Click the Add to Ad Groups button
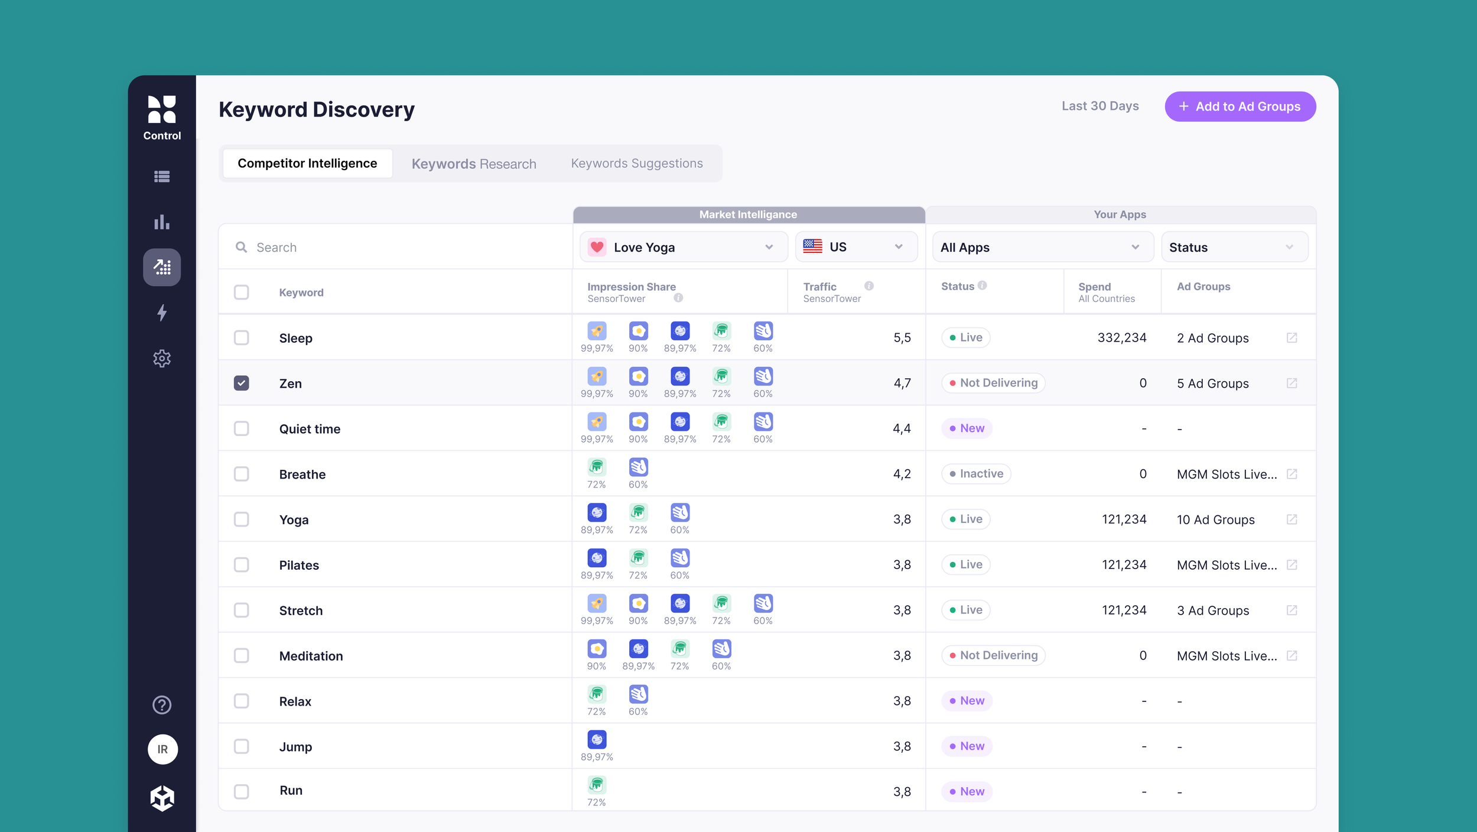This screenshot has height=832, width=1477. coord(1239,106)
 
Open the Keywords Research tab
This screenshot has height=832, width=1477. coord(474,164)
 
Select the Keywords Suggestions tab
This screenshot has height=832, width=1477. coord(636,163)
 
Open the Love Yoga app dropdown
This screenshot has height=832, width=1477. coord(683,247)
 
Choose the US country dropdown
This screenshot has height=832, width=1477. coord(855,247)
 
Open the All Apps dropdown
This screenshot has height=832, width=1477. coord(1042,247)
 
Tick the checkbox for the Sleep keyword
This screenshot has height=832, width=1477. coord(241,337)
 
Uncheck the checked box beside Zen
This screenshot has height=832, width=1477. coord(241,383)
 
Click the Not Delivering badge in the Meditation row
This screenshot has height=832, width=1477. coord(993,655)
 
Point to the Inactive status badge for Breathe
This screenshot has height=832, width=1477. coord(975,473)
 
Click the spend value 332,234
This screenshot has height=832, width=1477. coord(1121,337)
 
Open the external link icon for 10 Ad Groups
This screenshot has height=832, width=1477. coord(1291,519)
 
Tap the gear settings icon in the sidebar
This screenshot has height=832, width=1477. coord(162,358)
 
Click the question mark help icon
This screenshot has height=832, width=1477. coord(162,704)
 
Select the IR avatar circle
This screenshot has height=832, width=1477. coord(162,749)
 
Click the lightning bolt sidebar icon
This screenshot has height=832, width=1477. coord(162,313)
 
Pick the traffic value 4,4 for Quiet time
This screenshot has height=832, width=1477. coord(901,428)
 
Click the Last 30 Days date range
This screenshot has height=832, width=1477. coord(1099,106)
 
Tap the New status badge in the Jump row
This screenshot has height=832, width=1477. coord(967,746)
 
